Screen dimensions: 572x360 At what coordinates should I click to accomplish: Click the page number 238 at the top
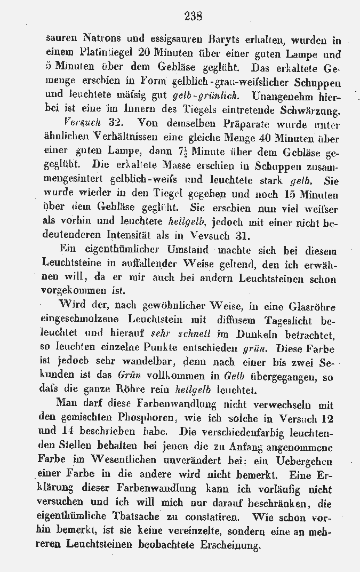(x=193, y=17)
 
